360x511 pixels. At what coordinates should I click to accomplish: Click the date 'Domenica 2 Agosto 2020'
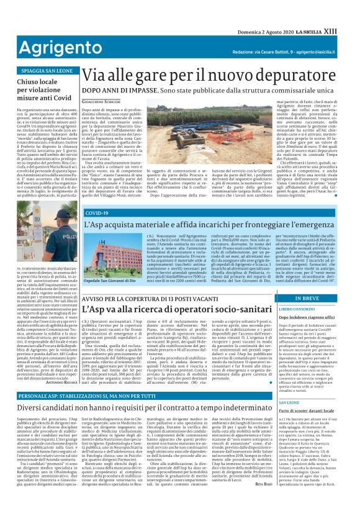click(x=264, y=9)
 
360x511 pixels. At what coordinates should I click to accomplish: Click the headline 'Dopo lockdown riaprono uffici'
click(x=307, y=317)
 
